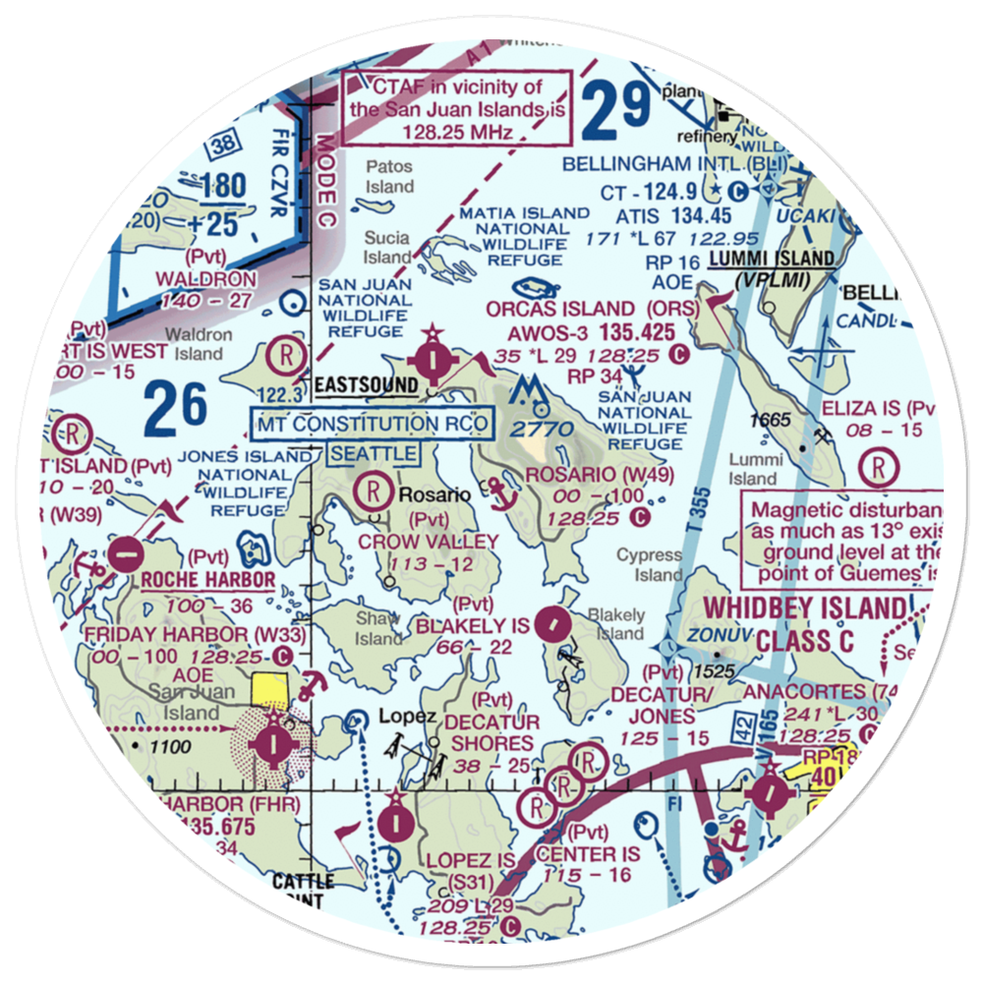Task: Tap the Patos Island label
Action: [x=390, y=177]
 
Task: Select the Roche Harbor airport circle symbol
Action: [x=125, y=553]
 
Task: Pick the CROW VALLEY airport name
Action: [x=429, y=542]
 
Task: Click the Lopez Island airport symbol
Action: [x=393, y=817]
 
